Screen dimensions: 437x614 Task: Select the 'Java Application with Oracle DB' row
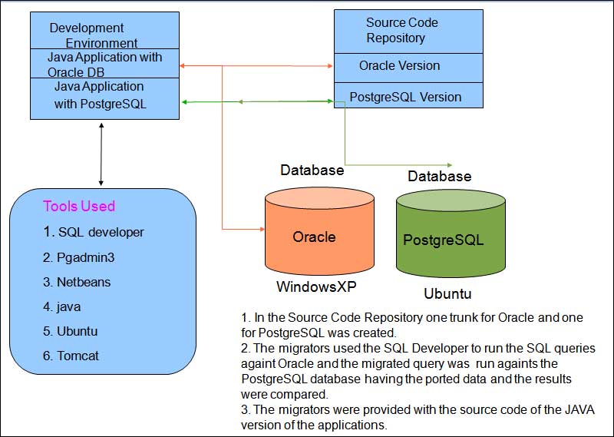[x=104, y=65]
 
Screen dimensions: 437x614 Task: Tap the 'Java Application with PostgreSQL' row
[x=99, y=95]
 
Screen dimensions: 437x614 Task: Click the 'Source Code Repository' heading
[x=401, y=30]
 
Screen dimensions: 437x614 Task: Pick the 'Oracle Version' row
[x=399, y=65]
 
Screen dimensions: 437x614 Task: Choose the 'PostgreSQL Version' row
[x=405, y=97]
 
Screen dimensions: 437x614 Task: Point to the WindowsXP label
[x=316, y=286]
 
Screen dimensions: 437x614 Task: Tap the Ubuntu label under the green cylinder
[x=447, y=293]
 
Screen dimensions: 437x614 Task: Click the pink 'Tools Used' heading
[x=79, y=206]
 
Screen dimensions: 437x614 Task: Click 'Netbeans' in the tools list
[x=83, y=282]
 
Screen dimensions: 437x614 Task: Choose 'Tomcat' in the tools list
[x=78, y=356]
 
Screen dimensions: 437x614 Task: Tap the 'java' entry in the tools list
[x=68, y=306]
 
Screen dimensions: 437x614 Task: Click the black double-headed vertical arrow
[x=102, y=154]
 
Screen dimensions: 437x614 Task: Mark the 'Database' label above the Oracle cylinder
[x=312, y=170]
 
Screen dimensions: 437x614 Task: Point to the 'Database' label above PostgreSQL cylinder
[x=439, y=177]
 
